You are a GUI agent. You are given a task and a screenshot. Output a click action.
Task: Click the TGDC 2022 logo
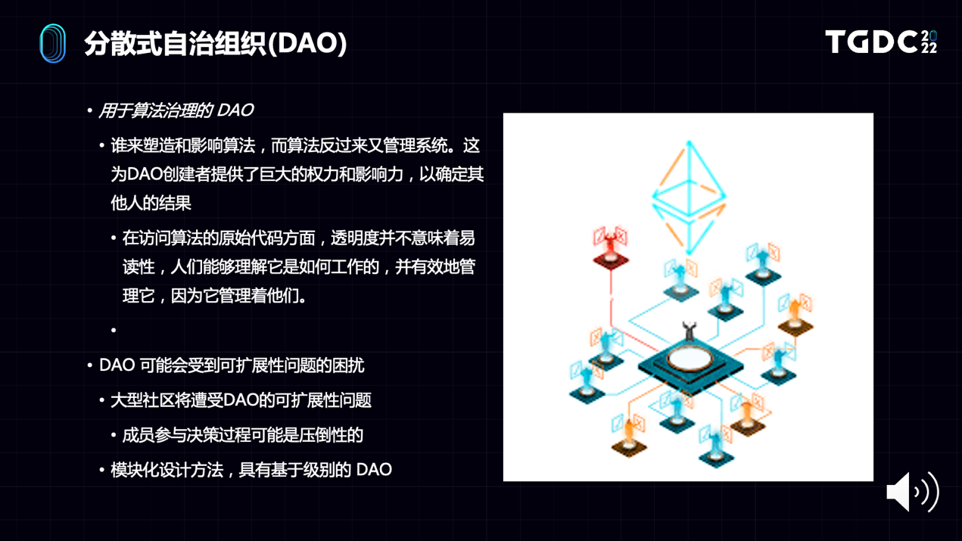click(x=881, y=42)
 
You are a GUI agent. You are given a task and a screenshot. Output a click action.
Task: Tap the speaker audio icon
click(x=913, y=492)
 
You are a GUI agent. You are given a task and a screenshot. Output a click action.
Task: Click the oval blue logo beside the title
click(x=52, y=43)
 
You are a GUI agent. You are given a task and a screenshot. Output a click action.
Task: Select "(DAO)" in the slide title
click(x=307, y=43)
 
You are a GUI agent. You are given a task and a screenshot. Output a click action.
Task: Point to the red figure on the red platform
click(x=610, y=246)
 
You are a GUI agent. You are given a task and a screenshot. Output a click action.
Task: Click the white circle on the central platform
click(x=690, y=359)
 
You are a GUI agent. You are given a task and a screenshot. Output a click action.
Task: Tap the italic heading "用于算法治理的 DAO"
click(x=176, y=110)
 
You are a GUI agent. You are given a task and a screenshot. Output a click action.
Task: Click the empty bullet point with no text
click(x=114, y=330)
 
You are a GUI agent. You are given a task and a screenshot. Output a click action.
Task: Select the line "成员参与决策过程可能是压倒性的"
click(x=243, y=435)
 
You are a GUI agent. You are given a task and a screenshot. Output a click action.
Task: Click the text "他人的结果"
click(x=151, y=203)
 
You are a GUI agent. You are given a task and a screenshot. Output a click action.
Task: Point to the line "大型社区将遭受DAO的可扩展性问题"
click(x=241, y=400)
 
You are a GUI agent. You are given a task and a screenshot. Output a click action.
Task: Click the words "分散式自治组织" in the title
click(x=176, y=43)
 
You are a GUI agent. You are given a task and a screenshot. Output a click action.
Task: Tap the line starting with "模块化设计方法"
click(x=251, y=470)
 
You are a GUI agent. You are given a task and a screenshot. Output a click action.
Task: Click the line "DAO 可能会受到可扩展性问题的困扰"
click(x=232, y=365)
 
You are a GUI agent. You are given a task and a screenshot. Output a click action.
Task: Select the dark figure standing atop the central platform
click(x=690, y=331)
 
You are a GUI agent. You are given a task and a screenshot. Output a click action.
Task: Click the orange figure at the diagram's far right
click(x=795, y=312)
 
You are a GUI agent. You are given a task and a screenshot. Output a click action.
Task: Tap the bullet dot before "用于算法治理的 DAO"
click(x=89, y=110)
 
